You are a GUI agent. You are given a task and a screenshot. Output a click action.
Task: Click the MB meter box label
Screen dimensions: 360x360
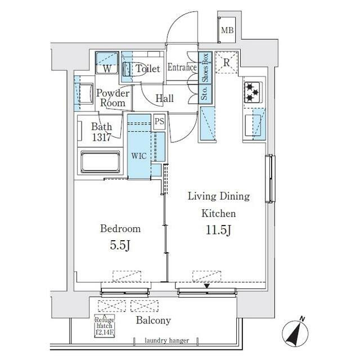pos(227,30)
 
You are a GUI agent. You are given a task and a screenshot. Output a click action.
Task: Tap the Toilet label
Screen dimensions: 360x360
pos(148,69)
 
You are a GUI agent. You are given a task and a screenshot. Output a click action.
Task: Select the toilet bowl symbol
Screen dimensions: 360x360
pos(127,69)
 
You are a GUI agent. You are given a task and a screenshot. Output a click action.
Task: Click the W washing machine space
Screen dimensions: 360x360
pos(107,69)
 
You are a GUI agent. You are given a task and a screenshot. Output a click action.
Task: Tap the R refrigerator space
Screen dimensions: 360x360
pos(226,63)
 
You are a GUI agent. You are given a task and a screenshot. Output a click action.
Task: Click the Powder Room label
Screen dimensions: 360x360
pos(112,98)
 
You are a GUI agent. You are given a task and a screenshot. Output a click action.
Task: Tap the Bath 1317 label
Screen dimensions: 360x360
pos(102,131)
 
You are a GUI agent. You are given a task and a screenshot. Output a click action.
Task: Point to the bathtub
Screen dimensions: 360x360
pos(101,162)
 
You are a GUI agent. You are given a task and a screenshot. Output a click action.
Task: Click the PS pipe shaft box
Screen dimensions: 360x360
pos(159,121)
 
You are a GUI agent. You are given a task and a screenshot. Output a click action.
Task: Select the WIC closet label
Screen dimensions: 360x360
pos(139,155)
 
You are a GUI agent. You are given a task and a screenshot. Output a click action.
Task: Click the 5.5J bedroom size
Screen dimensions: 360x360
pos(120,245)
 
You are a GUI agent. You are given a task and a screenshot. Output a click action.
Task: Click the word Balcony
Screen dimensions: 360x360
pos(154,320)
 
